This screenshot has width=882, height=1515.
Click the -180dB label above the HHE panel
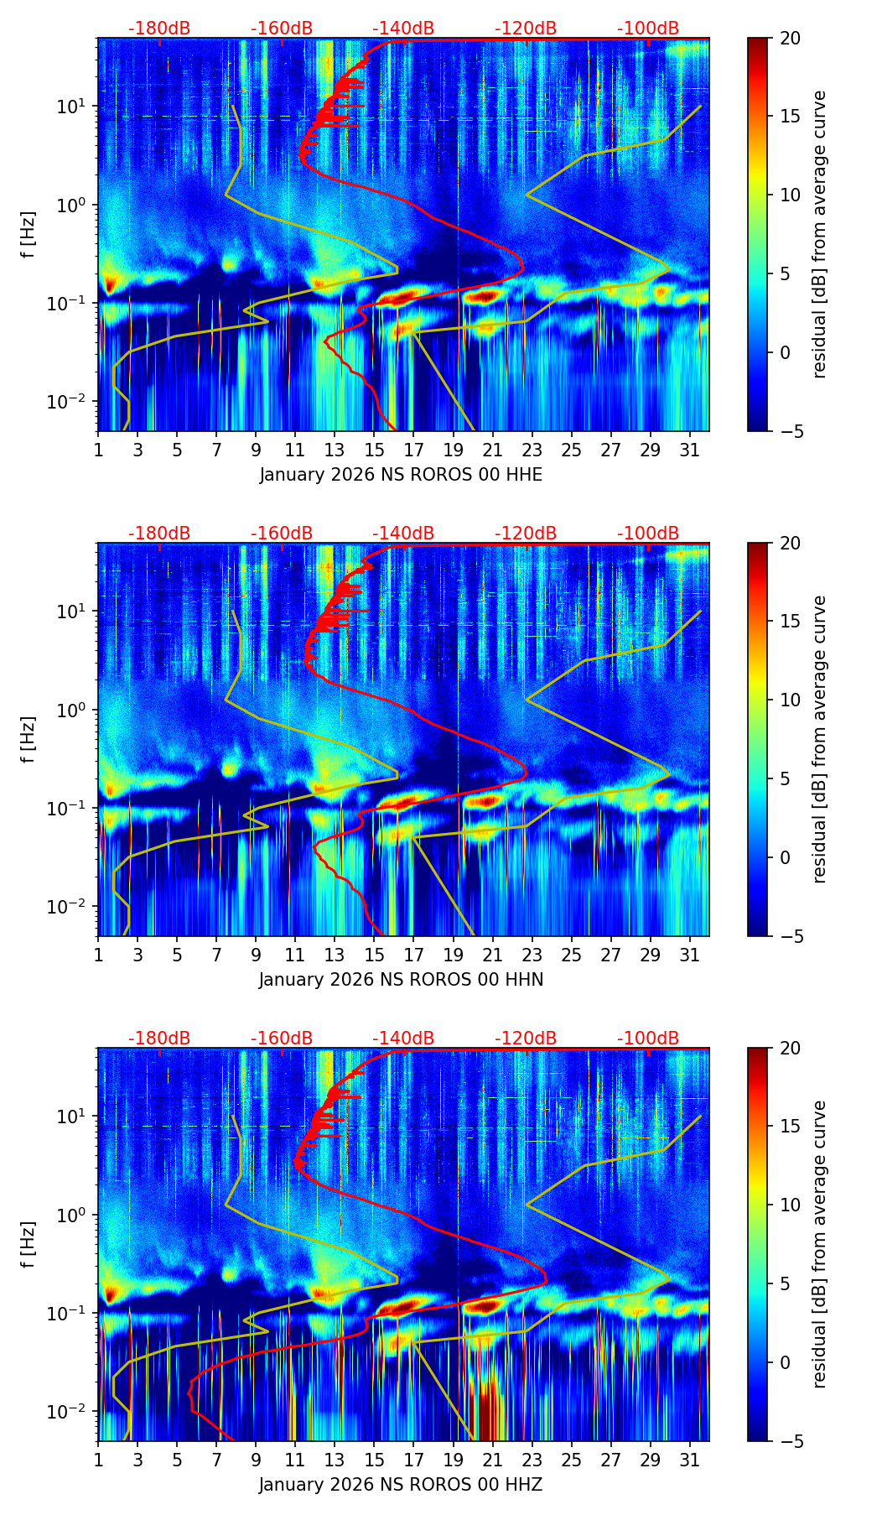point(159,29)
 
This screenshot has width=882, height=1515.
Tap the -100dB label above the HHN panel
point(648,534)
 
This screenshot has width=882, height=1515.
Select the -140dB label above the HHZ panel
point(403,1039)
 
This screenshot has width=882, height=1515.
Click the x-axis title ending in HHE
point(401,475)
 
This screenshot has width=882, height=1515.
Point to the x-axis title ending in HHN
point(401,980)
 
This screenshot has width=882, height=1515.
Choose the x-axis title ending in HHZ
point(401,1485)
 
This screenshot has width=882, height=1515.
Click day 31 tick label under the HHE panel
point(690,450)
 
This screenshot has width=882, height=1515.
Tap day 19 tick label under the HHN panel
point(453,955)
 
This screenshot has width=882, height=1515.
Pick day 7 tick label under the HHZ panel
point(216,1460)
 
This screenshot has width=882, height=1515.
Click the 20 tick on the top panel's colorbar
point(790,38)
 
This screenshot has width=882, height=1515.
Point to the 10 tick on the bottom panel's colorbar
point(790,1205)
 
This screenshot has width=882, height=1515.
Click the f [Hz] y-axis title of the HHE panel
point(29,235)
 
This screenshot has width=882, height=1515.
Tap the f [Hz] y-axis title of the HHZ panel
point(29,1245)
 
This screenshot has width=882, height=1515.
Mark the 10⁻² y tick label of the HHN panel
point(73,907)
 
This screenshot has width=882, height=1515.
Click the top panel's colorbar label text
point(820,235)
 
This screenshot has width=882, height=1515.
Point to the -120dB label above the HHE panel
point(526,29)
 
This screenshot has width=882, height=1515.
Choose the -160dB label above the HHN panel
point(282,534)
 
